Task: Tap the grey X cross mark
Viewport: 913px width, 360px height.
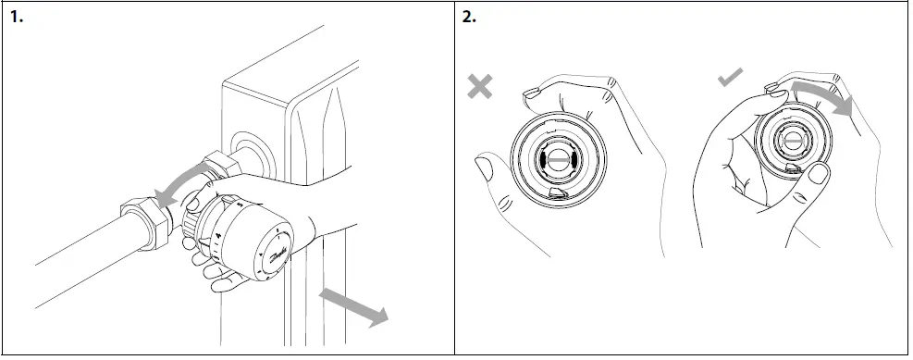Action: (x=480, y=86)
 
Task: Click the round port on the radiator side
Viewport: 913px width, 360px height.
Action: (x=248, y=149)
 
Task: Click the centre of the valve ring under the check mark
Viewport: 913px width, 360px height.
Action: (x=794, y=141)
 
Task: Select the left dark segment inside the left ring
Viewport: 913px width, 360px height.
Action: (x=538, y=159)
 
